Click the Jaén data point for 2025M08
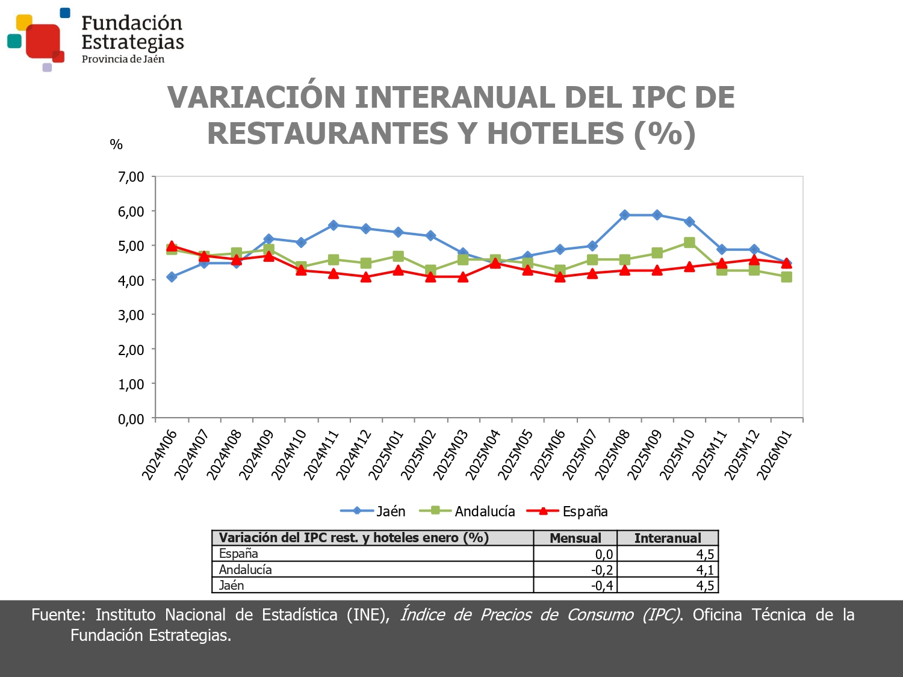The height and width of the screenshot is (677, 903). tap(625, 215)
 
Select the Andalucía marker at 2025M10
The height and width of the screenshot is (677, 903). tap(689, 243)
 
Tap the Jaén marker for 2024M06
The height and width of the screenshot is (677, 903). tap(172, 277)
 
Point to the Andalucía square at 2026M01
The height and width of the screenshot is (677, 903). tap(786, 277)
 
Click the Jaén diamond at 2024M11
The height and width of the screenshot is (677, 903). tap(334, 225)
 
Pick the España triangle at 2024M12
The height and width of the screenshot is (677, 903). tap(366, 277)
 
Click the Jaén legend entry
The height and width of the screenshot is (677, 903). tap(373, 512)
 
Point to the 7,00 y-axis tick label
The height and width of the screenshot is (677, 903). tap(131, 177)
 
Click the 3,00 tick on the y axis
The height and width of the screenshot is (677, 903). tap(131, 315)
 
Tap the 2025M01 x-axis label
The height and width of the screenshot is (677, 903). tap(386, 455)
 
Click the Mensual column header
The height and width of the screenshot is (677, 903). tap(576, 538)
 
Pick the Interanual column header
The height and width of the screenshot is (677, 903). tap(668, 538)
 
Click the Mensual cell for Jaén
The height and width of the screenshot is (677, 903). tap(602, 586)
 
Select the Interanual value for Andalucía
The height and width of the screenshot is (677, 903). tap(705, 570)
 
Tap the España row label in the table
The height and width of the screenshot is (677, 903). tap(238, 554)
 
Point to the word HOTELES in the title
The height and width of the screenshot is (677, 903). tap(555, 134)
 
